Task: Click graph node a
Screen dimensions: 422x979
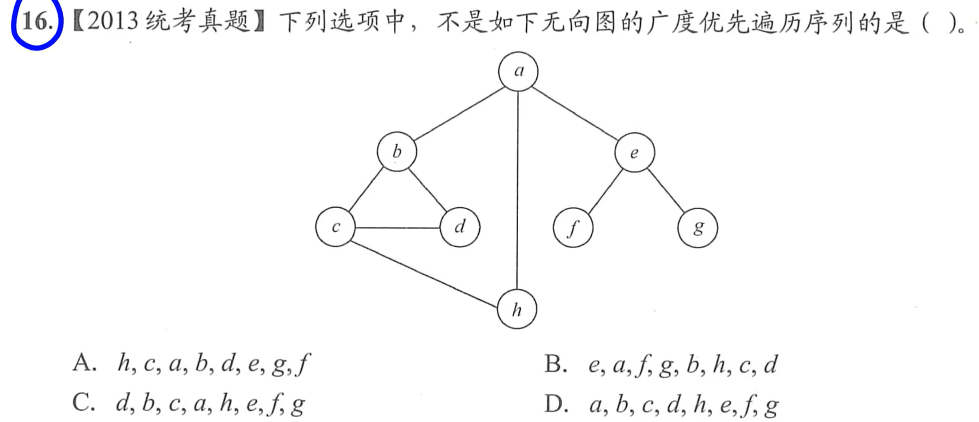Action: coord(518,72)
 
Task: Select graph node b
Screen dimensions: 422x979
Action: coord(397,152)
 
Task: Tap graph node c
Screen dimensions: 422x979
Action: coord(335,227)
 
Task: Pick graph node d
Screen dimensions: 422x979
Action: coord(460,227)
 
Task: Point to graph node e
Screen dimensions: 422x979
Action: coord(634,152)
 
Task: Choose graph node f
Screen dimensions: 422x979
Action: coord(573,228)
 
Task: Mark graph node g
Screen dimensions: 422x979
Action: coord(697,228)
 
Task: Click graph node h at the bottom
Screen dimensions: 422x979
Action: coord(517,309)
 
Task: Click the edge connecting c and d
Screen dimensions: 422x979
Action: coord(398,228)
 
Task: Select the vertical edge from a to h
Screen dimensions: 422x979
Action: coord(518,188)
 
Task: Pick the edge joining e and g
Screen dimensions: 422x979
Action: coord(665,190)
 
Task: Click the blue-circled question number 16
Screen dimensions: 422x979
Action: coord(36,22)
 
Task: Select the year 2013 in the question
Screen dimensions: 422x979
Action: coord(113,22)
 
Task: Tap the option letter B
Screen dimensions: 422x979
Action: coord(555,364)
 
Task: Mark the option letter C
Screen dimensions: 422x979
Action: coord(83,403)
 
